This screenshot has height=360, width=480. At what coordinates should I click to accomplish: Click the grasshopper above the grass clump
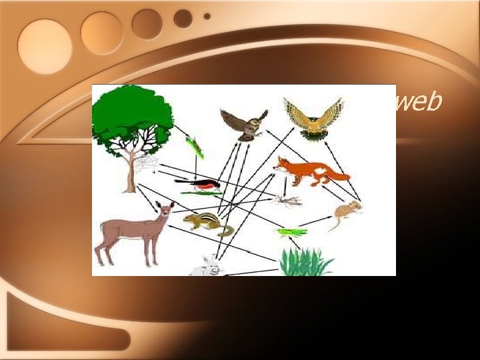click(292, 232)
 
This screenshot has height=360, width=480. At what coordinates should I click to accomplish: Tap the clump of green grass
click(305, 261)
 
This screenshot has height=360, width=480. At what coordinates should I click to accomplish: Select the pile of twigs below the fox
click(289, 200)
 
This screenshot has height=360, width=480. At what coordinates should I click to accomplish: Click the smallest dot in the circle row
click(207, 16)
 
